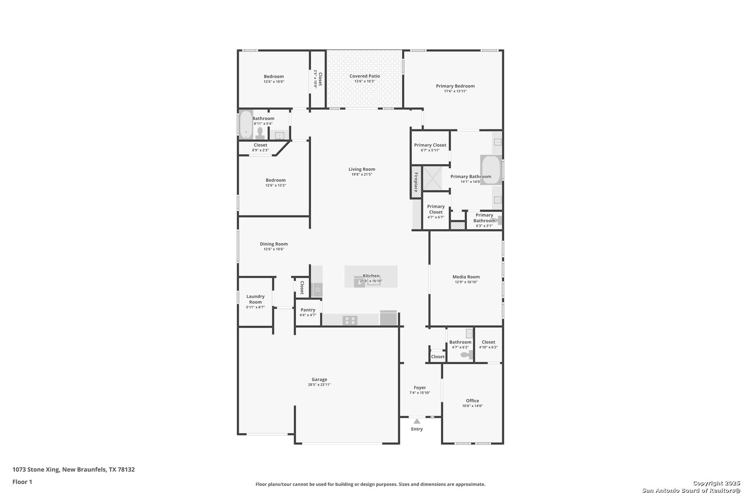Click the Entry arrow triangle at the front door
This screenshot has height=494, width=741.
point(417,421)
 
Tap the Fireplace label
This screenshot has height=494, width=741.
point(416,182)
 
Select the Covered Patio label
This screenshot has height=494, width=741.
point(365,76)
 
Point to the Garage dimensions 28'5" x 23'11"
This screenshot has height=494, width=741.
point(319,385)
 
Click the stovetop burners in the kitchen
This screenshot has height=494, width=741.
point(349,320)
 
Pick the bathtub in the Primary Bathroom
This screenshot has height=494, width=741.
point(491,170)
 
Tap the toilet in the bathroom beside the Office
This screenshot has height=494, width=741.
point(467,355)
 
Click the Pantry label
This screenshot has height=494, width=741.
point(308,310)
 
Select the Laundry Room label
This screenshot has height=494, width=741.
point(255,299)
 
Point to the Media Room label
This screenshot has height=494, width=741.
point(466,277)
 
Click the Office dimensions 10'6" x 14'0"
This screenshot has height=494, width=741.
point(473,406)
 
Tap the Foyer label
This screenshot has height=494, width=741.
point(420,387)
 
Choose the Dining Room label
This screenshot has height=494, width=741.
point(274,244)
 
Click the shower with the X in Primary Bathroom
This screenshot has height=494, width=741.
point(432,179)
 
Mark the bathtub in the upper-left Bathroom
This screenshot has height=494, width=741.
point(246,125)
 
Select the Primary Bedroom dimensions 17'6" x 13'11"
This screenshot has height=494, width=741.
point(455,91)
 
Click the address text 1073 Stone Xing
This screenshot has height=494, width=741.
point(36,469)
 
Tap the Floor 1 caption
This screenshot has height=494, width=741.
point(22,482)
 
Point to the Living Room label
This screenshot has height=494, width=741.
point(362,169)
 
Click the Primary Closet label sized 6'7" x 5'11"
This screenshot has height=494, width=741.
point(430,145)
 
